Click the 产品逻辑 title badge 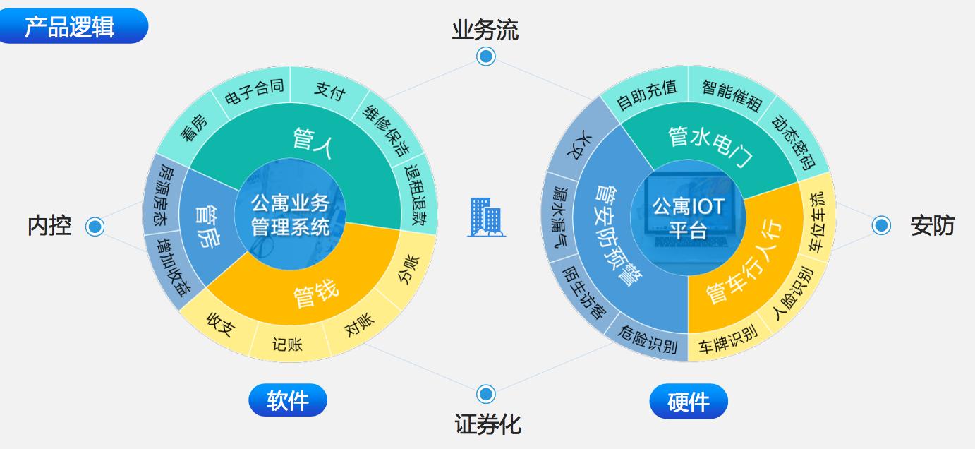[x=70, y=26]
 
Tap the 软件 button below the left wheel [x=288, y=400]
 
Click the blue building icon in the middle [x=486, y=217]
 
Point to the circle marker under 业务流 [x=485, y=56]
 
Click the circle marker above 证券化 [x=485, y=394]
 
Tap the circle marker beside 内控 [x=95, y=227]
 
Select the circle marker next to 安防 [x=881, y=225]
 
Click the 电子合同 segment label [x=253, y=94]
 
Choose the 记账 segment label [x=287, y=345]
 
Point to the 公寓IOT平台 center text [x=688, y=216]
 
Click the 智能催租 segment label [x=732, y=95]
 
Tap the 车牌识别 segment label [x=727, y=340]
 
